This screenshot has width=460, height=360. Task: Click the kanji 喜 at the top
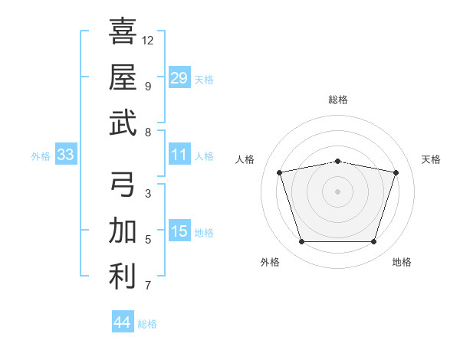(x=123, y=31)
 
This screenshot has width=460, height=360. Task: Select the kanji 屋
(x=123, y=77)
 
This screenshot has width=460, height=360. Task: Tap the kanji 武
(x=123, y=123)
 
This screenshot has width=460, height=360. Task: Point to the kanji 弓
(x=123, y=184)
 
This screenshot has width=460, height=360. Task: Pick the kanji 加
(x=123, y=230)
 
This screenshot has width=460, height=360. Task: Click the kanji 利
(x=123, y=277)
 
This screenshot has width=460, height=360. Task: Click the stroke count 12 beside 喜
(x=147, y=41)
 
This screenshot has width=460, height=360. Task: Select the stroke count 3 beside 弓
(x=148, y=194)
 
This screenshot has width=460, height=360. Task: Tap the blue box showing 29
(x=179, y=77)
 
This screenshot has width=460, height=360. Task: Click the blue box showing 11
(x=179, y=154)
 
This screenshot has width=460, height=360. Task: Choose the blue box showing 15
(x=179, y=230)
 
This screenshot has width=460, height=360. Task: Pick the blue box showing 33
(x=66, y=154)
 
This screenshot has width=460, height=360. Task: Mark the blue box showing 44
(x=123, y=321)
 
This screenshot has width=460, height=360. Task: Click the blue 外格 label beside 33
(x=41, y=156)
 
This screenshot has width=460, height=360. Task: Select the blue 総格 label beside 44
(x=147, y=324)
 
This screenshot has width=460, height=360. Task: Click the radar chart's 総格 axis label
(x=338, y=100)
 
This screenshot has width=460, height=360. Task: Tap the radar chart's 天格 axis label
(x=431, y=159)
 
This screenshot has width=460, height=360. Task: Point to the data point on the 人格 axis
(x=280, y=172)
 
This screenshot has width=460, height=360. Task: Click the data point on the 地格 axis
(x=374, y=242)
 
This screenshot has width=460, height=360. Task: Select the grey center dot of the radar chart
(x=337, y=191)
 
